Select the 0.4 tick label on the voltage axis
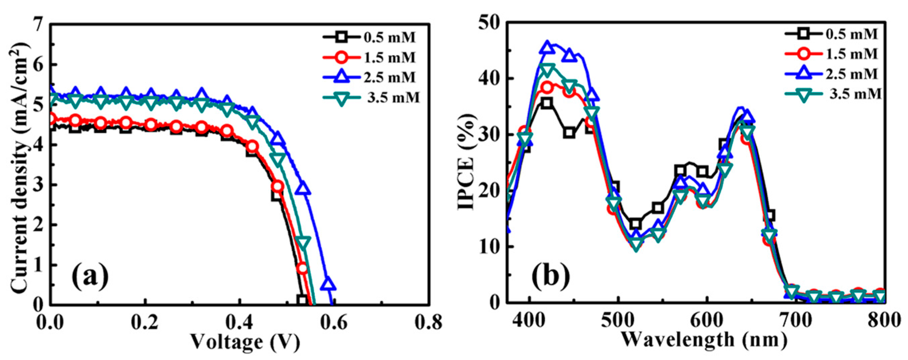(x=239, y=321)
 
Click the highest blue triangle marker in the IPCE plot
(x=547, y=47)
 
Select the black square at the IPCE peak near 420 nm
(x=547, y=103)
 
